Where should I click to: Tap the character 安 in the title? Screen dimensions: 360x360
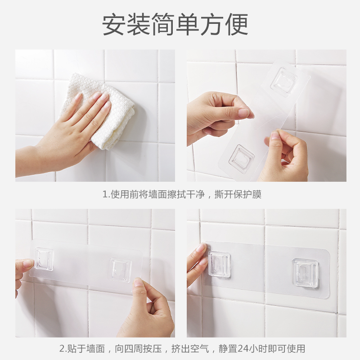click(114, 24)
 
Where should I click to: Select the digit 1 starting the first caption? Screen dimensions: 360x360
click(105, 195)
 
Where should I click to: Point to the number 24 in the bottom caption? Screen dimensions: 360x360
click(242, 348)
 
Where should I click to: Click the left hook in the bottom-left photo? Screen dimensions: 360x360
click(44, 259)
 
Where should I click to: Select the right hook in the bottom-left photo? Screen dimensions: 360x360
click(120, 270)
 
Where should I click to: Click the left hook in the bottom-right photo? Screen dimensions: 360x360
click(219, 264)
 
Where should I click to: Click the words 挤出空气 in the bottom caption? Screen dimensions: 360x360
click(190, 348)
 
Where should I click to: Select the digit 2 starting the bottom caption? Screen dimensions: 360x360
click(62, 348)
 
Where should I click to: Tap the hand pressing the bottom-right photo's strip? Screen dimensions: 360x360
click(198, 264)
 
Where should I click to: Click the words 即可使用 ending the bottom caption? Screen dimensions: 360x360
click(286, 348)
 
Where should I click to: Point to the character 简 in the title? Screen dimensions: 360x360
click(163, 24)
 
